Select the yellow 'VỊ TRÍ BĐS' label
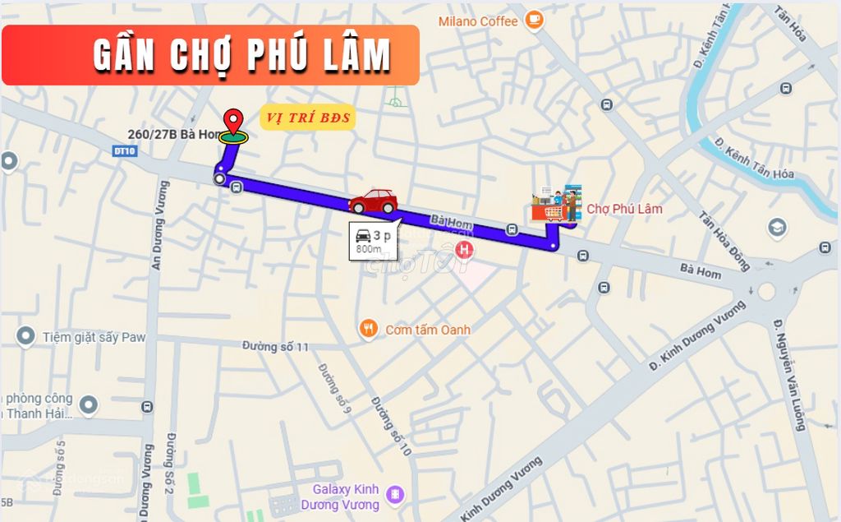(307, 118)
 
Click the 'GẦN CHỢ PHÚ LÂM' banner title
(242, 55)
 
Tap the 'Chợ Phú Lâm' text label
(624, 209)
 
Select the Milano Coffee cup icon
(534, 17)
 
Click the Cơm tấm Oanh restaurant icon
(369, 330)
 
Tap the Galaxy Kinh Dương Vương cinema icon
(396, 494)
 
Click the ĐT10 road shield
(123, 150)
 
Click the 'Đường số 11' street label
(276, 347)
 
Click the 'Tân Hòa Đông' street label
(724, 241)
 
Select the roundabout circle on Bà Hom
(767, 290)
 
